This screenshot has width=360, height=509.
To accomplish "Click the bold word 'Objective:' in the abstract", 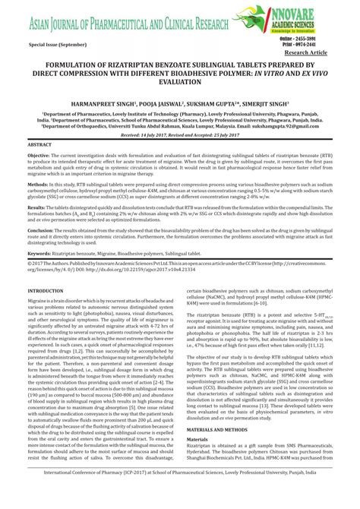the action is tap(39, 155).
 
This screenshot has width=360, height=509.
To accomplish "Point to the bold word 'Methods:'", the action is tap(37, 185).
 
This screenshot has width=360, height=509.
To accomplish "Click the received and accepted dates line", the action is tap(180, 133).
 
